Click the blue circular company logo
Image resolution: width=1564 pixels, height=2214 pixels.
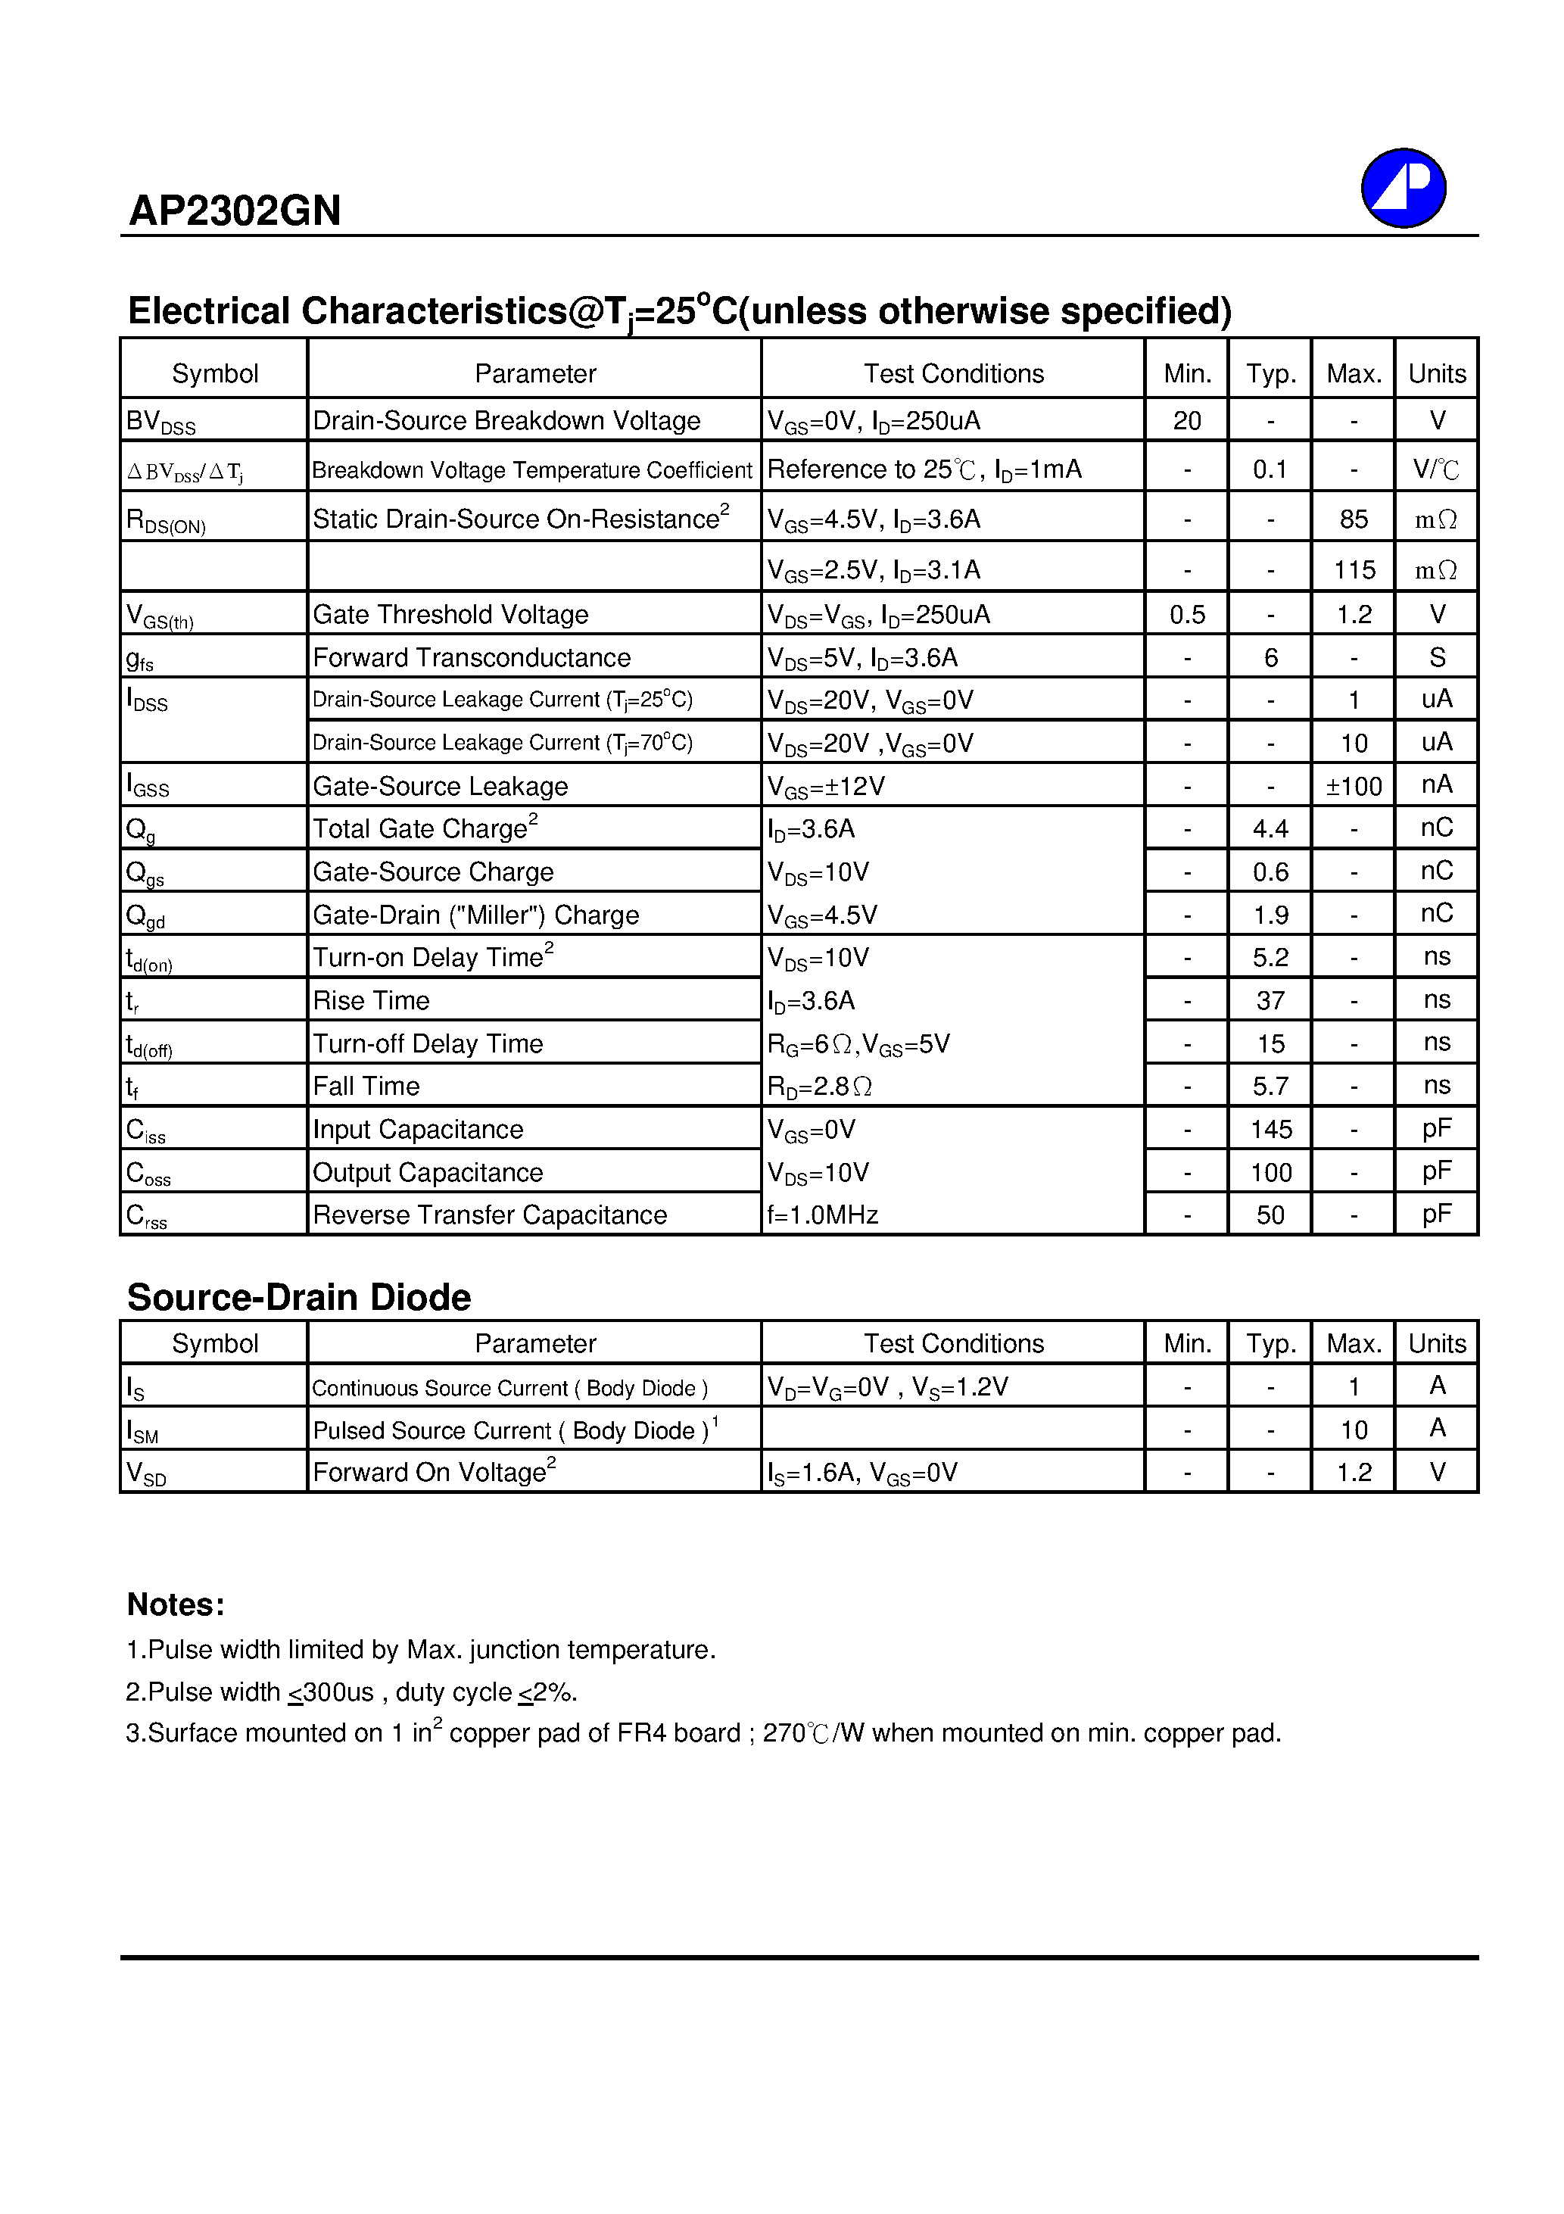1402,188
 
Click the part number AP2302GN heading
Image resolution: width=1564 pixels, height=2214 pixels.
235,211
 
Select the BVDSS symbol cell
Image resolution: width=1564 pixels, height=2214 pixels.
161,422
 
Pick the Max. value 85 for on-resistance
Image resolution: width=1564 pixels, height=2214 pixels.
1353,519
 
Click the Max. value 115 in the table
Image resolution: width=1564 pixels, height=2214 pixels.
1353,570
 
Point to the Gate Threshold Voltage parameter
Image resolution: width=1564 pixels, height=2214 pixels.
450,614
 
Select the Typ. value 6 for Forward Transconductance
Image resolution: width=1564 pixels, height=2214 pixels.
1270,658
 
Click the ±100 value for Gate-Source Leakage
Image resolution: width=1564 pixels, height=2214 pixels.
1353,787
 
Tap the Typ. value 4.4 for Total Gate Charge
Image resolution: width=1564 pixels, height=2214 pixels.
1270,829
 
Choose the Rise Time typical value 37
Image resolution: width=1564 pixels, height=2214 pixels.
1270,1001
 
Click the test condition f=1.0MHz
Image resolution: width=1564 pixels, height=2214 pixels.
822,1215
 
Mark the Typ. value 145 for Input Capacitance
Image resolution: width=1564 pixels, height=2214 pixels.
1270,1129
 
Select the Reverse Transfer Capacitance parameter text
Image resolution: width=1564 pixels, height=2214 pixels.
490,1215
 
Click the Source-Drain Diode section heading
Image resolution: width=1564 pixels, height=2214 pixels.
299,1298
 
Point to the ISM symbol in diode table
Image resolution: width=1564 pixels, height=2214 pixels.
143,1431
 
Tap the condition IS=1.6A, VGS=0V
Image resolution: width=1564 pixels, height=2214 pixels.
862,1473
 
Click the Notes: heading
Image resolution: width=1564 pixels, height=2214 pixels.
176,1604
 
